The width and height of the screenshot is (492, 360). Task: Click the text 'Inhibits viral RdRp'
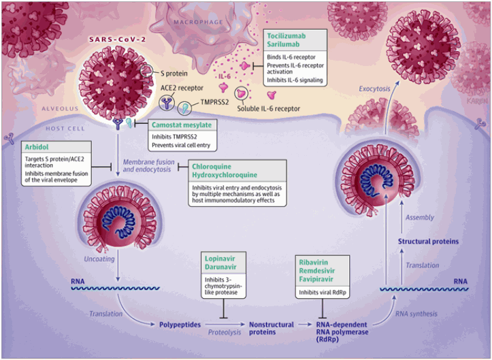pos(323,293)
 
